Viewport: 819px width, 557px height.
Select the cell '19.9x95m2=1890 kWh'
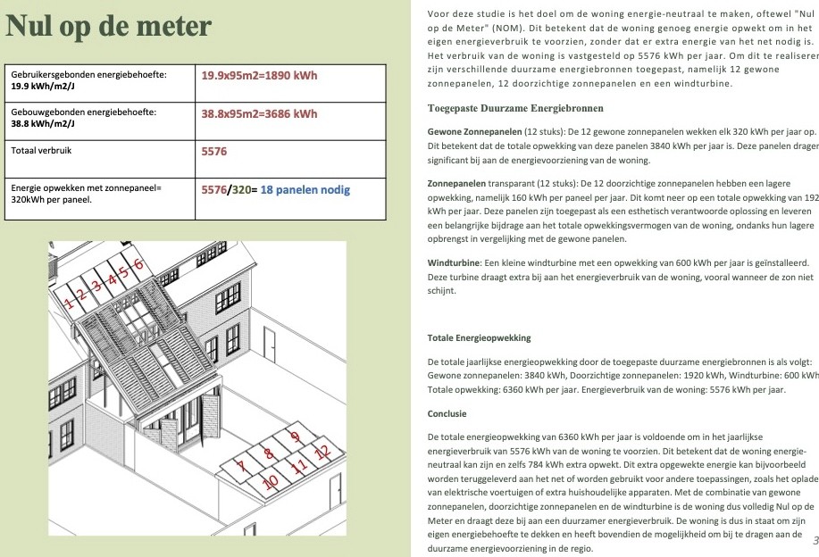259,76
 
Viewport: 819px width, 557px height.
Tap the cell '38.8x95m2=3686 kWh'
259,113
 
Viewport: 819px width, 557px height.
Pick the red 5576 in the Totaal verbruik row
214,152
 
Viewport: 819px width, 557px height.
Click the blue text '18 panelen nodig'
305,189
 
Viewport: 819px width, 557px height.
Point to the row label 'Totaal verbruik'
41,151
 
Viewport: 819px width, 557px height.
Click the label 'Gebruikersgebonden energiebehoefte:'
88,75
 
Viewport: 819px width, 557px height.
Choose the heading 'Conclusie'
447,414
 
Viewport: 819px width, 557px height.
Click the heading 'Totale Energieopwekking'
479,338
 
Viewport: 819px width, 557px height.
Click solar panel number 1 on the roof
69,302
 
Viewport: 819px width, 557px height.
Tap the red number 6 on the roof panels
138,263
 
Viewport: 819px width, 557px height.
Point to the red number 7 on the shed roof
240,465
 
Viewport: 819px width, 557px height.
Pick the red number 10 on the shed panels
272,481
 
